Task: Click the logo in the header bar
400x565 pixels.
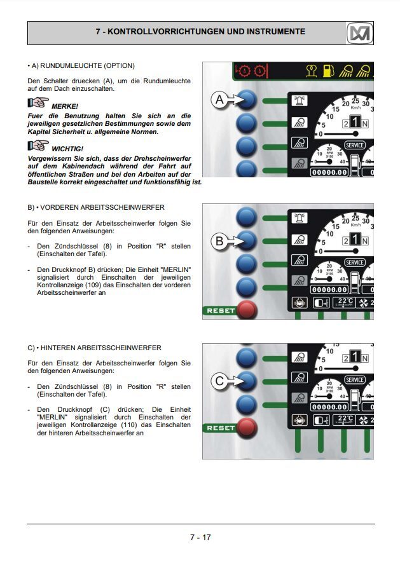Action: tap(359, 33)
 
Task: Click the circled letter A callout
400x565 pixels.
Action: tap(219, 99)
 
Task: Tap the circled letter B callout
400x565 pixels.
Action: tap(219, 241)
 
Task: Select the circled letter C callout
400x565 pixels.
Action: tap(219, 381)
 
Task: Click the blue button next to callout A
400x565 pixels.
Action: tap(247, 99)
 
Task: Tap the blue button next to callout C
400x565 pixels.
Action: tap(247, 381)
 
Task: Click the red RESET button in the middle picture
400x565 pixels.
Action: tap(247, 310)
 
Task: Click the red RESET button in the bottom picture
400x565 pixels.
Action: tap(247, 428)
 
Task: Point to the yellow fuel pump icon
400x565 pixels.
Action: tap(328, 71)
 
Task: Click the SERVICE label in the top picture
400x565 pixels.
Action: tap(355, 145)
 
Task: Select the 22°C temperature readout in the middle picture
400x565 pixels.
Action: tap(344, 302)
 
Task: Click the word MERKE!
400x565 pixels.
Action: tap(65, 106)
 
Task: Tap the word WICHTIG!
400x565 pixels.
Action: tap(67, 149)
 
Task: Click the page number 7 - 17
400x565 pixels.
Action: tap(200, 537)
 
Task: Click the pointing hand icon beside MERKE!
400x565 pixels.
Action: tap(38, 103)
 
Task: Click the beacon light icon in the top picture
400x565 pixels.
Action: tap(300, 100)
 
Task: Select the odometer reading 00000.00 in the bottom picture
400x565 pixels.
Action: tap(329, 407)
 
